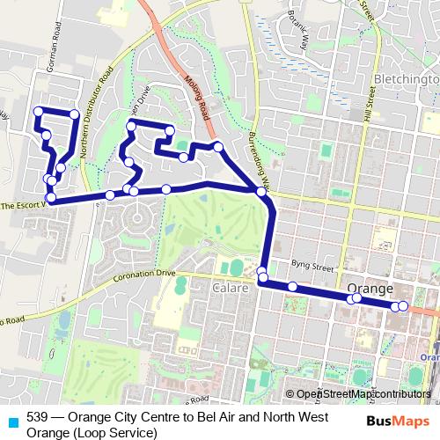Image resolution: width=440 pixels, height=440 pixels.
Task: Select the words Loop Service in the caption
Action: (105, 431)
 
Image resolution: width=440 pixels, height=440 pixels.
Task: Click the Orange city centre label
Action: (369, 289)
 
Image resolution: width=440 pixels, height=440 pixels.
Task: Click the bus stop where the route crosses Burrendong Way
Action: (260, 190)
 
